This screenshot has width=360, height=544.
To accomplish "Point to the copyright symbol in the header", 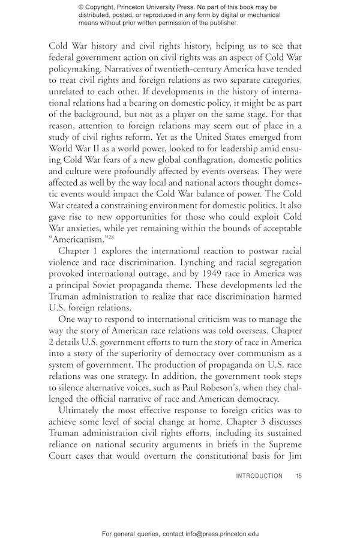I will pyautogui.click(x=82, y=7).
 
